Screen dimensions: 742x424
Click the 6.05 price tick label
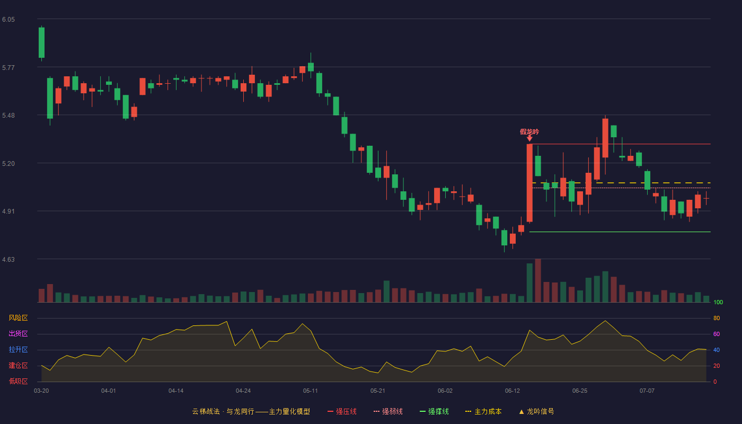8,20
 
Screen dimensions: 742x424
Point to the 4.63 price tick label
8,259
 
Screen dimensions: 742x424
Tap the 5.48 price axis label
8,116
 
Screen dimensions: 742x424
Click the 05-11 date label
310,391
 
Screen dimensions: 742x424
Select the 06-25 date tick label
580,391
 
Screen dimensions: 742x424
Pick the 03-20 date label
41,391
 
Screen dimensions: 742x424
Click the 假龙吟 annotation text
529,132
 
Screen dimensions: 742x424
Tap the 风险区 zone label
18,317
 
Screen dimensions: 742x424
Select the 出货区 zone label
18,333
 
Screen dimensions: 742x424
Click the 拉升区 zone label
18,349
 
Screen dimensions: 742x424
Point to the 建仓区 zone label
18,365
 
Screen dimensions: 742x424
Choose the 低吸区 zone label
18,381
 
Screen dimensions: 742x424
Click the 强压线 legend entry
342,411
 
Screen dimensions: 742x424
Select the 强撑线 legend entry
434,411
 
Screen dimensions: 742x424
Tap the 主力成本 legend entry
483,411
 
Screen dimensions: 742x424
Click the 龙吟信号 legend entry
536,411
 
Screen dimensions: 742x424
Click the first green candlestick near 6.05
41,43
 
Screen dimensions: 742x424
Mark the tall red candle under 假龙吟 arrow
529,183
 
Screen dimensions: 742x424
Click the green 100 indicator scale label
718,302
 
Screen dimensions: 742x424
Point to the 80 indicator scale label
717,318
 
